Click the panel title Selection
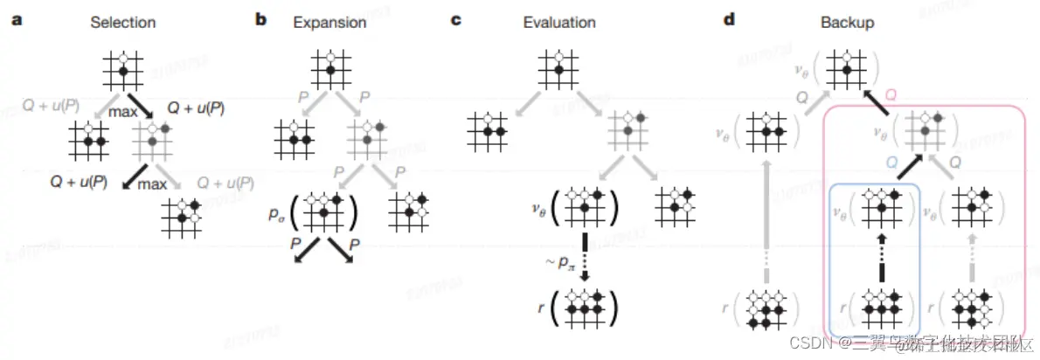click(x=122, y=21)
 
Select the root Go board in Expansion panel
click(x=330, y=66)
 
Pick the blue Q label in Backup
click(x=891, y=161)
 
